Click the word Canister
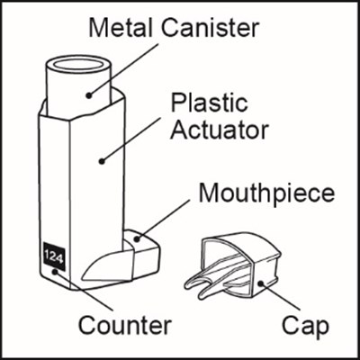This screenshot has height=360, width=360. pos(211,28)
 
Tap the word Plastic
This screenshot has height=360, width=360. pos(209,103)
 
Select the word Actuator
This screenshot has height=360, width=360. pos(220,130)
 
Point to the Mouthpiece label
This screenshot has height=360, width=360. pos(266,193)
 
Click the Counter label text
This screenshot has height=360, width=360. pos(125,325)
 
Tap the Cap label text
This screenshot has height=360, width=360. pos(305,326)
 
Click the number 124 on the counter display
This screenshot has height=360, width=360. pos(54,256)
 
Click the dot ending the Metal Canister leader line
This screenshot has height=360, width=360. pos(88,95)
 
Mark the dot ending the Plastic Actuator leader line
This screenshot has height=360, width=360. pos(102,161)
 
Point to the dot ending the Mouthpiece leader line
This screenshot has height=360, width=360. pos(137,239)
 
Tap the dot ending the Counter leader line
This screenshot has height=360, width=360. pos(55,272)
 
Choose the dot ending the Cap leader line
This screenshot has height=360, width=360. pos(261,283)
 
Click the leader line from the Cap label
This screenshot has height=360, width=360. pos(281,296)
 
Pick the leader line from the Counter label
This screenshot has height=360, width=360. pos(84,291)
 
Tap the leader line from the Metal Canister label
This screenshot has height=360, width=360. pos(123,70)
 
